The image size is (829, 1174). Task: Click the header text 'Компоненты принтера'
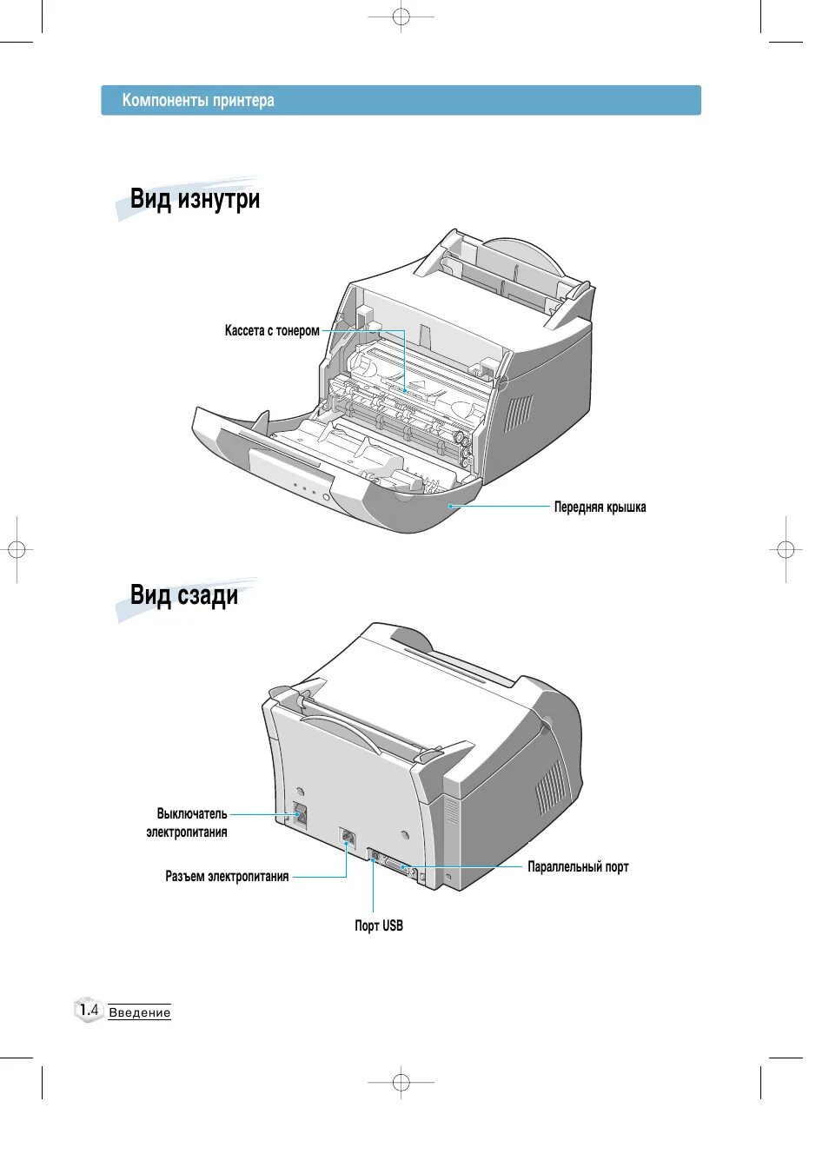point(198,101)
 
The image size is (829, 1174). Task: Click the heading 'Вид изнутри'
point(195,199)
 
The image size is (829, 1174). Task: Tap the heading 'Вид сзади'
point(183,595)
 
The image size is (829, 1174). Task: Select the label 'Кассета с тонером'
point(272,331)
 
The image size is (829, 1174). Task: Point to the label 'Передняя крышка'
point(600,507)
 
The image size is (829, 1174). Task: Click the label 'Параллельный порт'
point(578,867)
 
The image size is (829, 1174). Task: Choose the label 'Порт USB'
point(378,926)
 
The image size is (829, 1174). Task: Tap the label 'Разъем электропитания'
point(227,877)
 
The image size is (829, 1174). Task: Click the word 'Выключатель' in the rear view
point(192,814)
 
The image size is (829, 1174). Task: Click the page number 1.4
point(89,1010)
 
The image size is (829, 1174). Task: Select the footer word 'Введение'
point(140,1013)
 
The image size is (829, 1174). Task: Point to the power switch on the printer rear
point(300,814)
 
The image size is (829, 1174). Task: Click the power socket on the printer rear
point(348,839)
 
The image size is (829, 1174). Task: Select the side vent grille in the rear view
point(549,786)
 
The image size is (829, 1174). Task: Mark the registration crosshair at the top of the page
point(401,17)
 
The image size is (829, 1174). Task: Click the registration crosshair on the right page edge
point(785,549)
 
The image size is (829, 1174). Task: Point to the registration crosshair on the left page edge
point(17,549)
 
